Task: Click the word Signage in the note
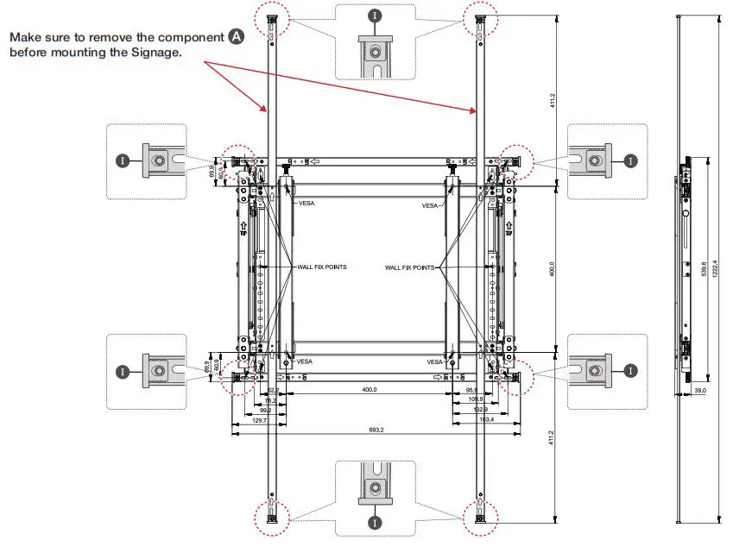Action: pos(155,52)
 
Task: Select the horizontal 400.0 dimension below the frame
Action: pos(370,391)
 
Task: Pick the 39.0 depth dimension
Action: pos(700,391)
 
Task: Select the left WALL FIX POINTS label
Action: pos(322,267)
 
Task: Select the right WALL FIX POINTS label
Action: pos(410,268)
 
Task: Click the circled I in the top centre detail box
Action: pos(374,16)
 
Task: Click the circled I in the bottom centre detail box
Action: pos(375,522)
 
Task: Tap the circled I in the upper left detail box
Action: pos(123,161)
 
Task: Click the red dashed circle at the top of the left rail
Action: pos(271,17)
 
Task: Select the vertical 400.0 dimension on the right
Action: pos(552,268)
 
